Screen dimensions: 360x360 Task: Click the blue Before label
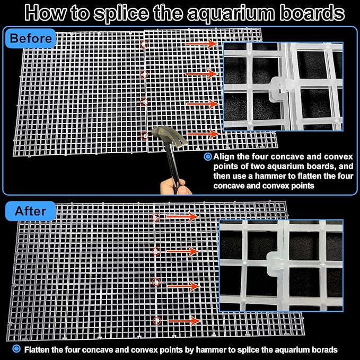click(x=31, y=38)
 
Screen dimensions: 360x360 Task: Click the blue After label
click(x=31, y=211)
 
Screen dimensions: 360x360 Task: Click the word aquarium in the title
click(x=231, y=13)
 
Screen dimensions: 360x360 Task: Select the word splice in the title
click(x=120, y=13)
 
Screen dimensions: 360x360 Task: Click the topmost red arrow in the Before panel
click(x=201, y=43)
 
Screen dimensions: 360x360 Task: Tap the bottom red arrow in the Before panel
click(x=203, y=134)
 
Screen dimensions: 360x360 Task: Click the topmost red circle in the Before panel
click(x=144, y=45)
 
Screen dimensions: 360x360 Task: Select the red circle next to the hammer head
click(x=144, y=135)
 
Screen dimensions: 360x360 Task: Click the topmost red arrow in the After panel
click(x=182, y=217)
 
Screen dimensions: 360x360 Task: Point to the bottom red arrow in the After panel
click(x=185, y=321)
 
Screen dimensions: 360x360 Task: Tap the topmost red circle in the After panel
click(x=156, y=217)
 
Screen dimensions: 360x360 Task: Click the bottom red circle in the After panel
click(x=157, y=321)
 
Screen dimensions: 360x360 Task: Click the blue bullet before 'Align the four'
click(x=208, y=157)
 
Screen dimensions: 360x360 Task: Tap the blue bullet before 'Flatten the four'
click(x=16, y=349)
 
